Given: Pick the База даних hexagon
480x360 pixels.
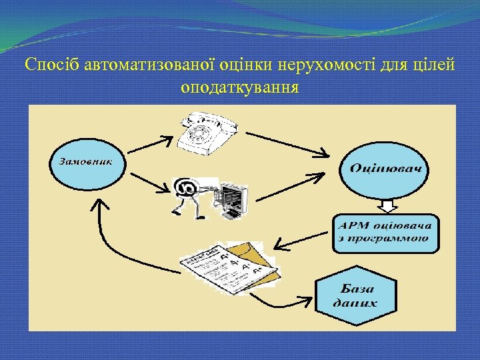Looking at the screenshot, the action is point(358,296).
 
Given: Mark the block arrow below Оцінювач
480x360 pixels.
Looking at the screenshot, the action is point(387,204).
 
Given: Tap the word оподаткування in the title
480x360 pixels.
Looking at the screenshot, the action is point(239,87).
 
